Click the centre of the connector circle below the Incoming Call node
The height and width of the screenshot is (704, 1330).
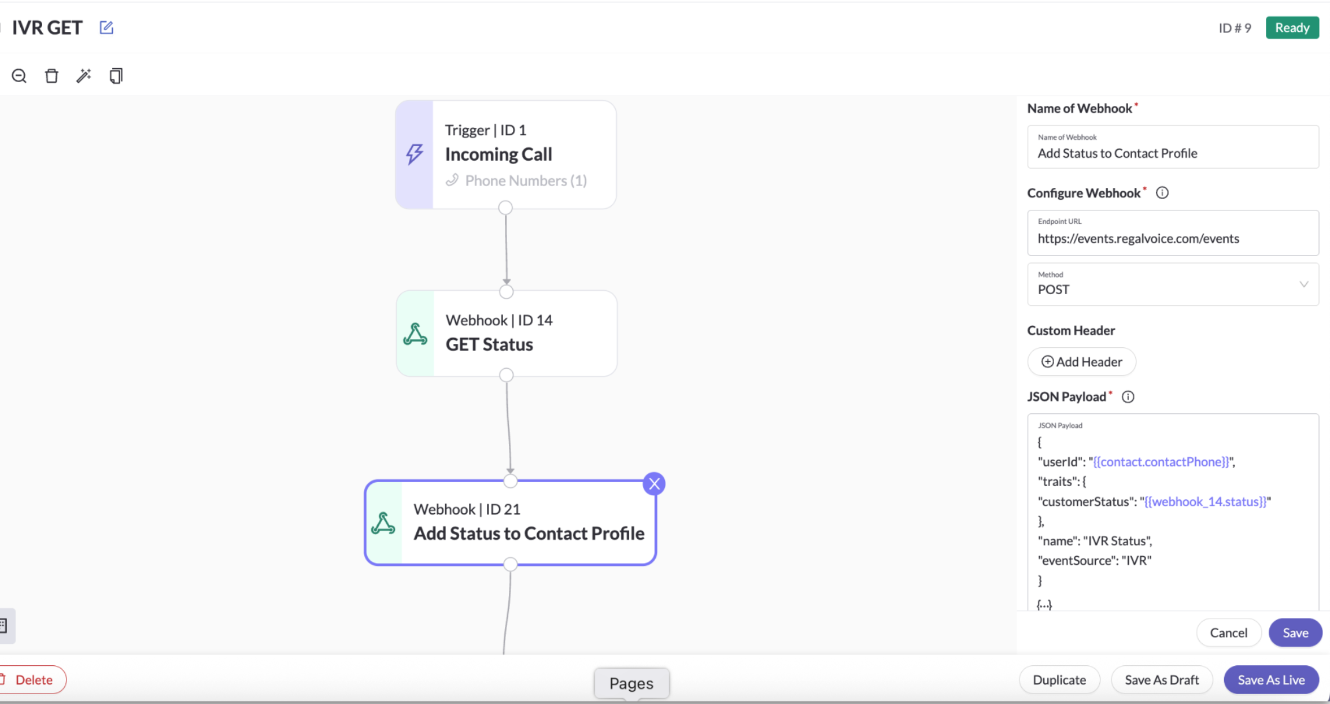point(505,208)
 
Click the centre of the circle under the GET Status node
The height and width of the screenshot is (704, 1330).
point(507,375)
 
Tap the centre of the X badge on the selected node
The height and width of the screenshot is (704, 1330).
point(654,484)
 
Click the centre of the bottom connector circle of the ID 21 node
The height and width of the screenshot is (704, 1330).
point(510,564)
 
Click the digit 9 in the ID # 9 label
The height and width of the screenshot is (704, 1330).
point(1247,28)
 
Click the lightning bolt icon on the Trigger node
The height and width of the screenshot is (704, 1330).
point(414,154)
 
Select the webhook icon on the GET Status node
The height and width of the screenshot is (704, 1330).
point(415,334)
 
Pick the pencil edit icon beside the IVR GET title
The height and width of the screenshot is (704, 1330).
point(106,27)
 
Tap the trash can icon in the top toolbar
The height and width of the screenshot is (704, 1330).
point(51,76)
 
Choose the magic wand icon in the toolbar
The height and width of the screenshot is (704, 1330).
point(84,76)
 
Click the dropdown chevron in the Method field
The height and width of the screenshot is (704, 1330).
point(1303,284)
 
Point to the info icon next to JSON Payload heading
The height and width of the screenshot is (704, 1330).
point(1128,397)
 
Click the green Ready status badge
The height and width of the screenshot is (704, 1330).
point(1292,28)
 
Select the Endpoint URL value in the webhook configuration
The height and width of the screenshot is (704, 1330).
point(1138,239)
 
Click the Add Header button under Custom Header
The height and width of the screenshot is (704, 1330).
point(1081,362)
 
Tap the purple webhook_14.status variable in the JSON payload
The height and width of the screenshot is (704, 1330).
point(1205,502)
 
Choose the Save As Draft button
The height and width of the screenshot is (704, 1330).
point(1162,680)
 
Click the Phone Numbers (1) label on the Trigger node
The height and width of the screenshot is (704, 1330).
point(526,181)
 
